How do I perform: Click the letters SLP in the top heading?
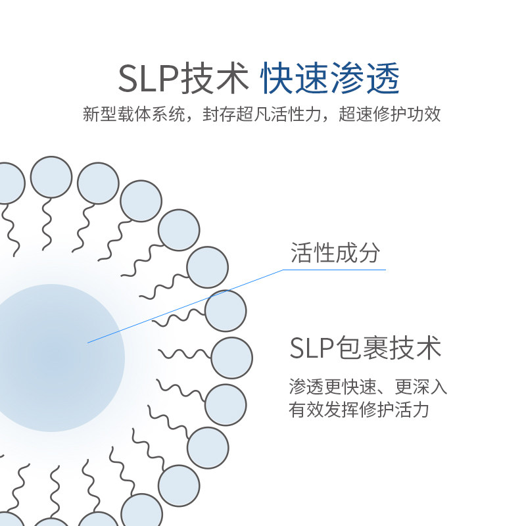[x=149, y=78]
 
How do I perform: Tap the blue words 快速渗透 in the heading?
[x=330, y=78]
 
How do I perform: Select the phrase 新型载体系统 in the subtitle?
[x=134, y=114]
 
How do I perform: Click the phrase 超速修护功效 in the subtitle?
[x=390, y=114]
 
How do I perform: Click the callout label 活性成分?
[x=335, y=252]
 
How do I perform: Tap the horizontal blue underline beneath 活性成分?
[x=335, y=270]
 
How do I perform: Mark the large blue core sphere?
[x=51, y=358]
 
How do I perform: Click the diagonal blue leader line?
[x=185, y=306]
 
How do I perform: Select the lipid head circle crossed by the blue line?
[x=226, y=311]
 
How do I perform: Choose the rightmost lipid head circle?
[x=232, y=358]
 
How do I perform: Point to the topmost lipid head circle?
[x=51, y=177]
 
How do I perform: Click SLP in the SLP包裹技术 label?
[x=312, y=348]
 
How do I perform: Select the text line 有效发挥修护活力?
[x=359, y=410]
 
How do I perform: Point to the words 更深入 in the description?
[x=421, y=387]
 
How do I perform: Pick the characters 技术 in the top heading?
[x=215, y=78]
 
